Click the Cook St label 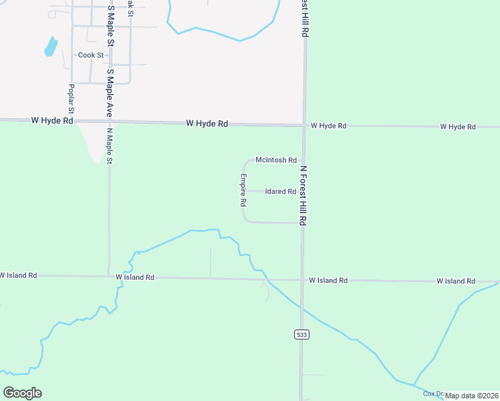coord(91,55)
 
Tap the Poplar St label coord(70,98)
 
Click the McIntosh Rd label coord(275,160)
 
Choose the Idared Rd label coord(280,191)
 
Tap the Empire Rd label coord(244,190)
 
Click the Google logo coord(22,392)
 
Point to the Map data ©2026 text coord(471,396)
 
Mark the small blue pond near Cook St coord(50,46)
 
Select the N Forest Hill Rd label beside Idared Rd coord(303,195)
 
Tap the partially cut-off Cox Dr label coord(433,394)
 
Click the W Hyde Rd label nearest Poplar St coord(51,120)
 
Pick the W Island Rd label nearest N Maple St coord(134,277)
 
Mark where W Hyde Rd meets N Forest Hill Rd coord(304,125)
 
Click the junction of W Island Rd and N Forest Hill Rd coord(301,280)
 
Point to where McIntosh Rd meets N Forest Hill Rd coord(303,160)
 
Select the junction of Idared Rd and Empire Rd coord(243,191)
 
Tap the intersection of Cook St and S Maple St coord(108,55)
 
